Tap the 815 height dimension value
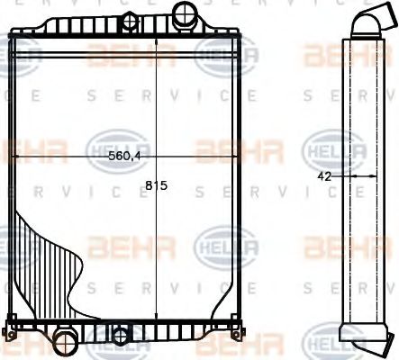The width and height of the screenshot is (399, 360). pos(157,187)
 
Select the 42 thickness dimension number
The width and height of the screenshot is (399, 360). pos(325,176)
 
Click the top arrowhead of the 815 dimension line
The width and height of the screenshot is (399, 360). pos(157,40)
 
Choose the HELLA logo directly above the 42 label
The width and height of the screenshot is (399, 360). pos(324,145)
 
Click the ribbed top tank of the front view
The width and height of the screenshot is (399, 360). pos(126,24)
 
